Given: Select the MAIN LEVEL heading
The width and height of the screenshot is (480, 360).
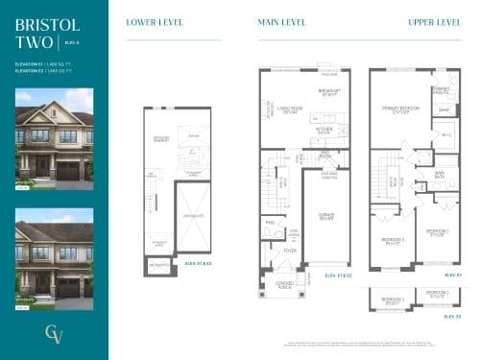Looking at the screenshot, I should tap(281, 22).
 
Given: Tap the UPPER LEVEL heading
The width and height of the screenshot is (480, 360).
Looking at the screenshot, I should tap(434, 22).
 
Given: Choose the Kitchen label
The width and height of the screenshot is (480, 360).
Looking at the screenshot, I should tap(324, 130).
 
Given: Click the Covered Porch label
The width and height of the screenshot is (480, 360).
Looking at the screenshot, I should tap(283, 284).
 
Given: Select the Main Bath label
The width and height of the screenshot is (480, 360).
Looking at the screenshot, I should tap(439, 174).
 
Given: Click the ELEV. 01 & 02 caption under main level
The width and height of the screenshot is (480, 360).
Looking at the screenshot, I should tap(338, 276).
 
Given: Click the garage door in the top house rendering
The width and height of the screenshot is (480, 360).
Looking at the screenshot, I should tap(68, 171).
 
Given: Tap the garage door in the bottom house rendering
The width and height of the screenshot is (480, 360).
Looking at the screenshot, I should tap(68, 288).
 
